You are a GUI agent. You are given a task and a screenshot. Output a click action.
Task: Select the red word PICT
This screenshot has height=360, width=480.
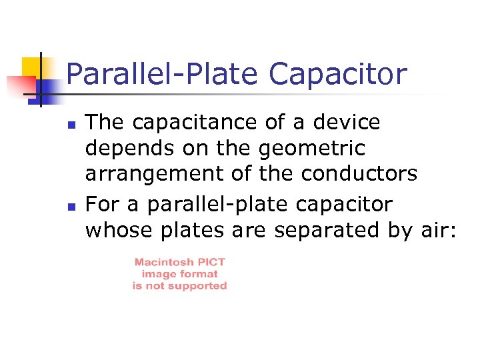coord(212,263)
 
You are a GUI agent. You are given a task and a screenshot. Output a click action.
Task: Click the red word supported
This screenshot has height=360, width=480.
coord(197,286)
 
